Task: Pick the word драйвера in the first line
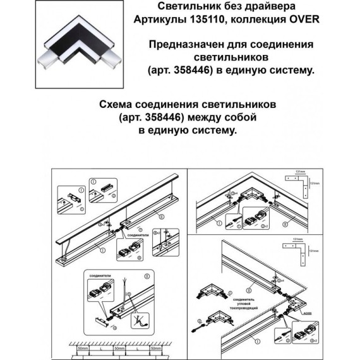pyautogui.click(x=268, y=7)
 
